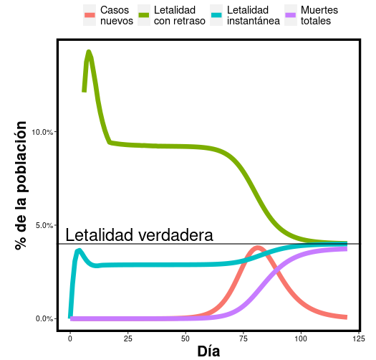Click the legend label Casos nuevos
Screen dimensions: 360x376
(116, 16)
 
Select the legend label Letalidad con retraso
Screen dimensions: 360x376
(179, 16)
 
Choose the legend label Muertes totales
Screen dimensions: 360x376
(319, 16)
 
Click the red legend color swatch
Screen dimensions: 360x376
(90, 16)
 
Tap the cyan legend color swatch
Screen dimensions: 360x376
(216, 16)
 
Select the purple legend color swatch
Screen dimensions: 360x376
(291, 16)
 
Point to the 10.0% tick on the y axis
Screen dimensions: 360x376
(44, 132)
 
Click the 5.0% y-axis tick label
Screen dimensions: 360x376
(45, 225)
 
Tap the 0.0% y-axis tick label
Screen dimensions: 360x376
(45, 318)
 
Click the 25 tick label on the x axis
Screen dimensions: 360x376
(127, 338)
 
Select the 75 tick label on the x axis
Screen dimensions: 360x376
(243, 338)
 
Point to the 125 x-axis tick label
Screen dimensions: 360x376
(359, 338)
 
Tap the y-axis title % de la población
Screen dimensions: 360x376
(21, 185)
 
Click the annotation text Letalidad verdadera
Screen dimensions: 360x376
(139, 235)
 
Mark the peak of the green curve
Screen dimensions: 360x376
(89, 52)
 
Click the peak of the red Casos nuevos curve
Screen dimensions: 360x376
(258, 248)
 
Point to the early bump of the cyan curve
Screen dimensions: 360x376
(79, 250)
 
